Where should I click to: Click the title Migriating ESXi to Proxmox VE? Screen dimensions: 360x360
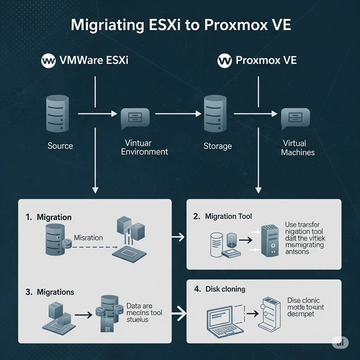point(180,24)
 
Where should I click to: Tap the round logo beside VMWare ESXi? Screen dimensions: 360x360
point(48,60)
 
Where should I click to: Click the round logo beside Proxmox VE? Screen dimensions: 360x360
point(225,60)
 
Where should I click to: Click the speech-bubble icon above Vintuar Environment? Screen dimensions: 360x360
point(135,117)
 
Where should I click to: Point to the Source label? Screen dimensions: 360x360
point(60,145)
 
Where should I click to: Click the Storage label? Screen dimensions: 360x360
point(218,145)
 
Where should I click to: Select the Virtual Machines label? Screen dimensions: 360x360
point(298,148)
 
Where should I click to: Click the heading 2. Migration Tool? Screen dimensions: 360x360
point(222,216)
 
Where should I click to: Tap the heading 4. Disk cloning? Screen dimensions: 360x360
point(219,289)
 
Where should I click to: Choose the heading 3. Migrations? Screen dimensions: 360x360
point(50,292)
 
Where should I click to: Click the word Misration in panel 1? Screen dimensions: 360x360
point(88,238)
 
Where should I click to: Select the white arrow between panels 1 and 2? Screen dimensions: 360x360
point(178,237)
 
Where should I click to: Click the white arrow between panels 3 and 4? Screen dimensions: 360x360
point(178,314)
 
